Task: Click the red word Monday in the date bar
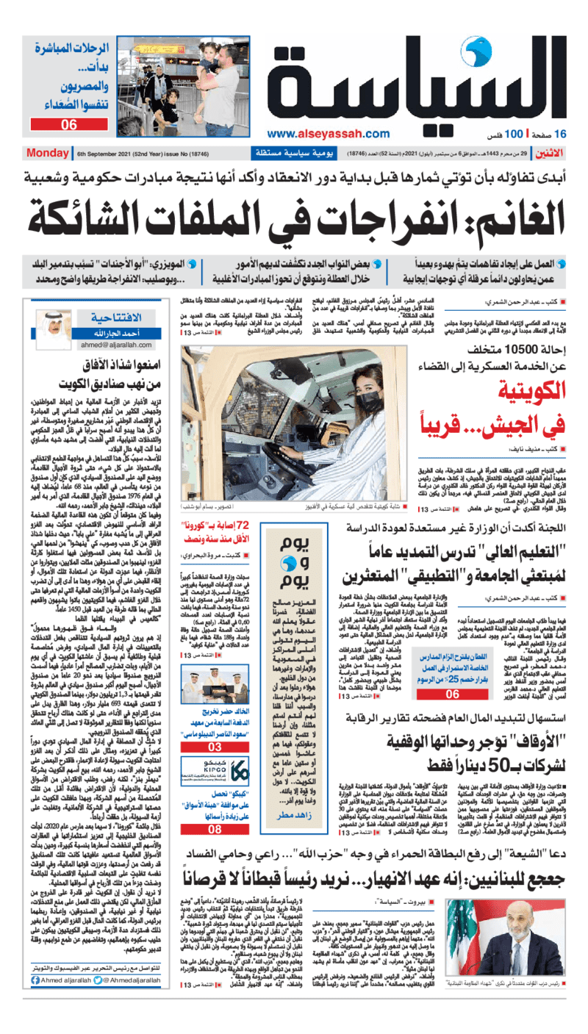[x=48, y=154]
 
